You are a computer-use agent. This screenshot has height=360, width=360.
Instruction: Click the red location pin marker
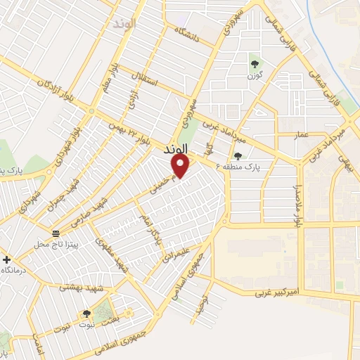(181, 166)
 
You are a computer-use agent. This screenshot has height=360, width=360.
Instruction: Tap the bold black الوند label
(176, 150)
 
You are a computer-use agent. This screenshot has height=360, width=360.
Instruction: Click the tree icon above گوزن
(255, 65)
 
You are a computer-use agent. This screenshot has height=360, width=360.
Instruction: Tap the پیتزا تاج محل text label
(58, 244)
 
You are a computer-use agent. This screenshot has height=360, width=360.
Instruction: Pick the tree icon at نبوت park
(86, 314)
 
